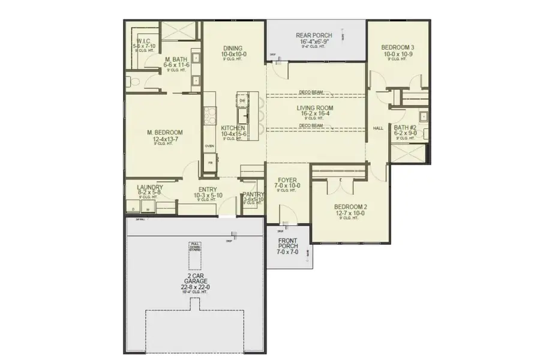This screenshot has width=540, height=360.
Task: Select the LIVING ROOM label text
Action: coord(315,108)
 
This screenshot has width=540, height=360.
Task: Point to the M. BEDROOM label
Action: coord(164,133)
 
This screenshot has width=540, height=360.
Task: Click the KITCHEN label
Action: coord(232,128)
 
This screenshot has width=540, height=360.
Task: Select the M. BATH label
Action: coord(178,59)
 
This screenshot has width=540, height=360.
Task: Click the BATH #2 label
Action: coord(405,127)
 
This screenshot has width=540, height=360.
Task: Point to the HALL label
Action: coord(378,128)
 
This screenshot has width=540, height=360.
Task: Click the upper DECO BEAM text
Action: coord(311,92)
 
